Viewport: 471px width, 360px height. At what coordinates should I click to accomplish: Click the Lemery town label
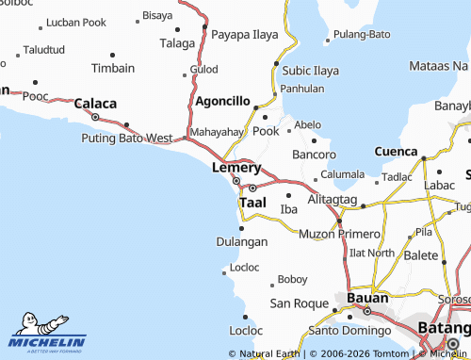click(235, 167)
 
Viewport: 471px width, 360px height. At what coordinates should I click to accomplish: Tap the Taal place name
click(252, 202)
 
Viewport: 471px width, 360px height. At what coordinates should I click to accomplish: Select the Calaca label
click(95, 104)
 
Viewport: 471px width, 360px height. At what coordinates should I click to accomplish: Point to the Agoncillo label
click(222, 101)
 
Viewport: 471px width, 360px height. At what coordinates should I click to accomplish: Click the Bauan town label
click(367, 298)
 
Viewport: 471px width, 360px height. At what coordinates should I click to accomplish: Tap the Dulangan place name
click(243, 241)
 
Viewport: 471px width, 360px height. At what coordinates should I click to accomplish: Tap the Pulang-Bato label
click(362, 34)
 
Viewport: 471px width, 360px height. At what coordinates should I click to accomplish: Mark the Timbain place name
click(113, 69)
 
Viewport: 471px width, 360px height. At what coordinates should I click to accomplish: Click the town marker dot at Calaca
click(95, 117)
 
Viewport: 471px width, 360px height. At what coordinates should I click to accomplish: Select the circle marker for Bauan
click(368, 310)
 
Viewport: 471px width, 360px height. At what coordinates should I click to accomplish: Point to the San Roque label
click(297, 303)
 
